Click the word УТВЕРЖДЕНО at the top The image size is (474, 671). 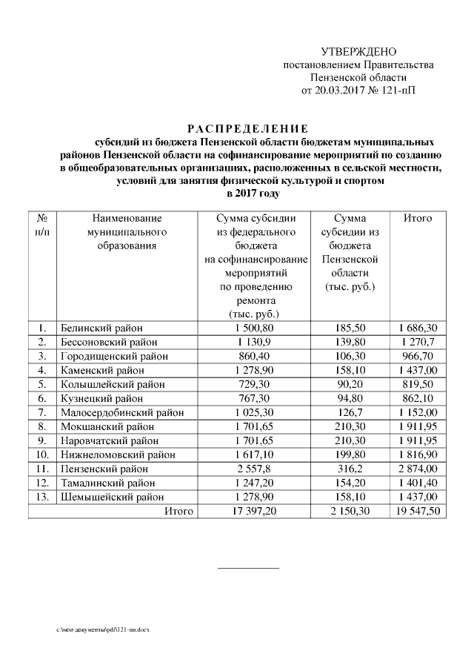click(x=358, y=52)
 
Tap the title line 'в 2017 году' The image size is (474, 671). click(x=245, y=194)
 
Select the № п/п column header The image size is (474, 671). click(x=42, y=225)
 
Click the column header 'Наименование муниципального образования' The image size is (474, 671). click(x=127, y=232)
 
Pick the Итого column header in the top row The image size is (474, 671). click(x=417, y=219)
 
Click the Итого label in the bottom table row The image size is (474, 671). click(x=178, y=512)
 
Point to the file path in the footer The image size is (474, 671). click(x=96, y=629)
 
